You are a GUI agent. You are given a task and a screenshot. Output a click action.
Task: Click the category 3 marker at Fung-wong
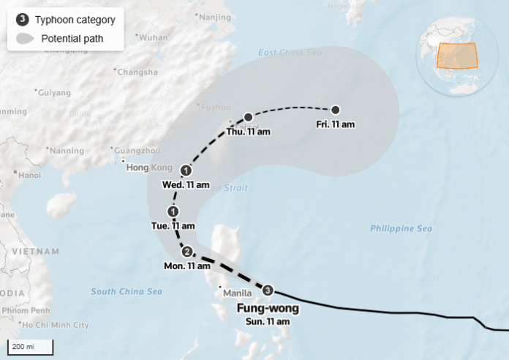click(268, 290)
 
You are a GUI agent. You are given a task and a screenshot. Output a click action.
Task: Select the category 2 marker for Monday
click(187, 252)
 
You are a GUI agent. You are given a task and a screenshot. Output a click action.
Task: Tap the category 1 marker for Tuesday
click(173, 212)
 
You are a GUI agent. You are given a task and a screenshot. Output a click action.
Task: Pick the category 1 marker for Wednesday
click(186, 170)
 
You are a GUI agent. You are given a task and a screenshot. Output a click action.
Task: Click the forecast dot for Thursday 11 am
click(249, 117)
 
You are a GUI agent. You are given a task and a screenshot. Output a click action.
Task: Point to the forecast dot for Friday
click(335, 110)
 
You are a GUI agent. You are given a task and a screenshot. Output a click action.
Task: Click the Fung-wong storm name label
click(267, 309)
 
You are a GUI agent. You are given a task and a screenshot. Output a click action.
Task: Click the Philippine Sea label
click(401, 229)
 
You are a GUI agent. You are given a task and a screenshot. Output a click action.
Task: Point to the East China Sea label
click(290, 53)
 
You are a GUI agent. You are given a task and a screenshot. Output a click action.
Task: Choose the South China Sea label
click(127, 291)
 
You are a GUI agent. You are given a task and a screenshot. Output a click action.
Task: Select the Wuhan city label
click(153, 37)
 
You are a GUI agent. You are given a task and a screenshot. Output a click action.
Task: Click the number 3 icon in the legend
click(22, 20)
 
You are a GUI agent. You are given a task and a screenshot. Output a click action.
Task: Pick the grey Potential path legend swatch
click(24, 38)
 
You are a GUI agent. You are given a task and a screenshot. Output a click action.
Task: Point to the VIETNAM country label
click(35, 251)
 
